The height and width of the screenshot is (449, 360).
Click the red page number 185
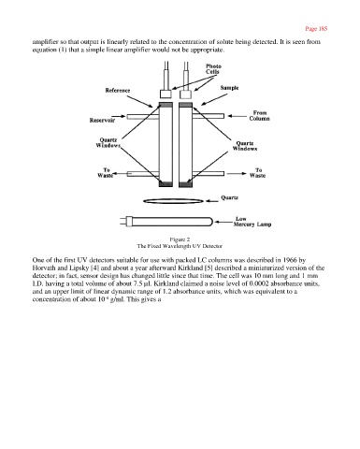click(316, 29)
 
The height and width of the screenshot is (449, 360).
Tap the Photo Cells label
click(213, 69)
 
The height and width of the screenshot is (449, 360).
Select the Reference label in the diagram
click(118, 91)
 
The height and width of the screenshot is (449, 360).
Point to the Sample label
click(229, 88)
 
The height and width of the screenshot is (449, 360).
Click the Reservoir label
click(102, 120)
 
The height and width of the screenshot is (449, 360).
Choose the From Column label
click(259, 116)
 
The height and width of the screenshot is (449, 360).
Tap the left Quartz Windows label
click(108, 143)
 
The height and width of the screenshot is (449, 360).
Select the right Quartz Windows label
click(245, 146)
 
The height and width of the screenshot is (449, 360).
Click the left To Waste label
click(105, 173)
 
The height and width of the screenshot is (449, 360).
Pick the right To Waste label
click(257, 173)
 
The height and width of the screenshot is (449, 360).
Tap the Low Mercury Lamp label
click(252, 222)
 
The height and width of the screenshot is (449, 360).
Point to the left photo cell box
click(166, 94)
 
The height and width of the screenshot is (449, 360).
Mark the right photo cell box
click(186, 94)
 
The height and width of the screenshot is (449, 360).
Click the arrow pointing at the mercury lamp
click(223, 222)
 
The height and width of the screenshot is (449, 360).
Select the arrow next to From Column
click(238, 116)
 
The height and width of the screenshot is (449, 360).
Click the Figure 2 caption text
click(180, 239)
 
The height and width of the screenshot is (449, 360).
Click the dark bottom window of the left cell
click(166, 184)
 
